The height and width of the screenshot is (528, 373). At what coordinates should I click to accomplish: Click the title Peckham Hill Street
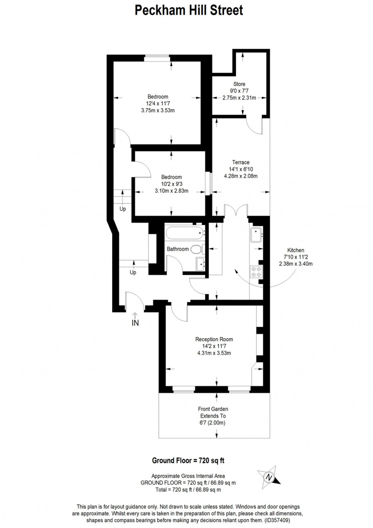(x=189, y=10)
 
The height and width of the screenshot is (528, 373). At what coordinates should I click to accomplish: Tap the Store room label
(x=239, y=84)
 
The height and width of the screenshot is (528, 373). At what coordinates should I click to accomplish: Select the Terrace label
(x=241, y=162)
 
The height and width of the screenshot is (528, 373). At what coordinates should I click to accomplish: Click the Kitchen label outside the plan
(x=296, y=250)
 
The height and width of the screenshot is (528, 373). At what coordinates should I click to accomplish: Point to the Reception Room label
(x=214, y=339)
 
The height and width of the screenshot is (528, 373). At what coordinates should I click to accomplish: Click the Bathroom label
(x=178, y=249)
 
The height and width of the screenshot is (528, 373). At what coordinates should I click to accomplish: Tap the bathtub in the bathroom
(x=184, y=233)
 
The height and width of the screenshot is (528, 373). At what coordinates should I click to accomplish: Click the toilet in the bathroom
(x=198, y=249)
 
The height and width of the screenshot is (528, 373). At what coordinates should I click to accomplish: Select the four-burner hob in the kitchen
(x=256, y=272)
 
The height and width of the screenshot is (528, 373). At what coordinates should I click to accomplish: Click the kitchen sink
(x=256, y=235)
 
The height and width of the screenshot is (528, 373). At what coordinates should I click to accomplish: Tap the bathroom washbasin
(x=201, y=264)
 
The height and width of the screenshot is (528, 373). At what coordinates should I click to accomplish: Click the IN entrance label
(x=135, y=323)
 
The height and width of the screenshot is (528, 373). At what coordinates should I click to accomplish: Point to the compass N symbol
(x=268, y=477)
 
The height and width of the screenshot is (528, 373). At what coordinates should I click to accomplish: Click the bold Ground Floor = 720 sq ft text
(x=188, y=461)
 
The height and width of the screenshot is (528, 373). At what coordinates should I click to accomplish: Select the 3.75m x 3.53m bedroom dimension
(x=158, y=110)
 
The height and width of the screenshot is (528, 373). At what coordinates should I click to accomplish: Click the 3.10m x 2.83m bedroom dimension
(x=172, y=191)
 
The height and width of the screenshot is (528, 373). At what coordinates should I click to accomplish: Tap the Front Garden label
(x=213, y=409)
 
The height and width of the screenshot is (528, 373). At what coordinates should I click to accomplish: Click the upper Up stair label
(x=123, y=209)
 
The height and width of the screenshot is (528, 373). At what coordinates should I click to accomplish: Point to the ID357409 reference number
(x=277, y=520)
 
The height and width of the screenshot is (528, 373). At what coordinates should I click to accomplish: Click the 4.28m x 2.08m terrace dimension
(x=241, y=176)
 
